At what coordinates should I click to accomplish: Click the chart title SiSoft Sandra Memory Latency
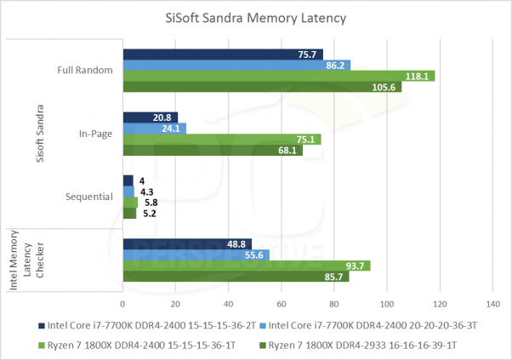pyautogui.click(x=256, y=18)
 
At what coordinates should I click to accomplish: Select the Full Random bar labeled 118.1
pyautogui.click(x=278, y=76)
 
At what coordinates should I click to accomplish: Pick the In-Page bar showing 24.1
pyautogui.click(x=154, y=129)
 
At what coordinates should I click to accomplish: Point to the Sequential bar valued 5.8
pyautogui.click(x=130, y=203)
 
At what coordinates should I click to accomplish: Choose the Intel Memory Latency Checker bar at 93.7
pyautogui.click(x=246, y=266)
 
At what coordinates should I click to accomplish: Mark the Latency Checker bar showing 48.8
pyautogui.click(x=187, y=244)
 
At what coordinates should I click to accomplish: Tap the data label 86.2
pyautogui.click(x=335, y=66)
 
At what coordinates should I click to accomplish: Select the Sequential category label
pyautogui.click(x=89, y=197)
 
